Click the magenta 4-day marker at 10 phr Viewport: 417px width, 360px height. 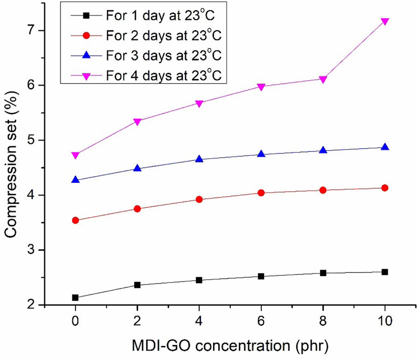coord(384,21)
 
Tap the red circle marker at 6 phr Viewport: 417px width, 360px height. coord(261,193)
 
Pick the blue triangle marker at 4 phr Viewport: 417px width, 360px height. coord(199,159)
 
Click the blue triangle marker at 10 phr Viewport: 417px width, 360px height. coord(384,147)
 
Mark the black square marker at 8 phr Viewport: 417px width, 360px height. coord(323,273)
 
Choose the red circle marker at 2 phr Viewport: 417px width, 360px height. coord(137,209)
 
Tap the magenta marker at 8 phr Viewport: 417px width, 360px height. coord(323,79)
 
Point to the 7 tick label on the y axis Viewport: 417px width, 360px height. coord(36,31)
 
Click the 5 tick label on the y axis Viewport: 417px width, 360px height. coord(36,140)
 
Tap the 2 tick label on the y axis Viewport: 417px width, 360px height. coord(36,305)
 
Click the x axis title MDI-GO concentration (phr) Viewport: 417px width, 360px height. coord(230,347)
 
